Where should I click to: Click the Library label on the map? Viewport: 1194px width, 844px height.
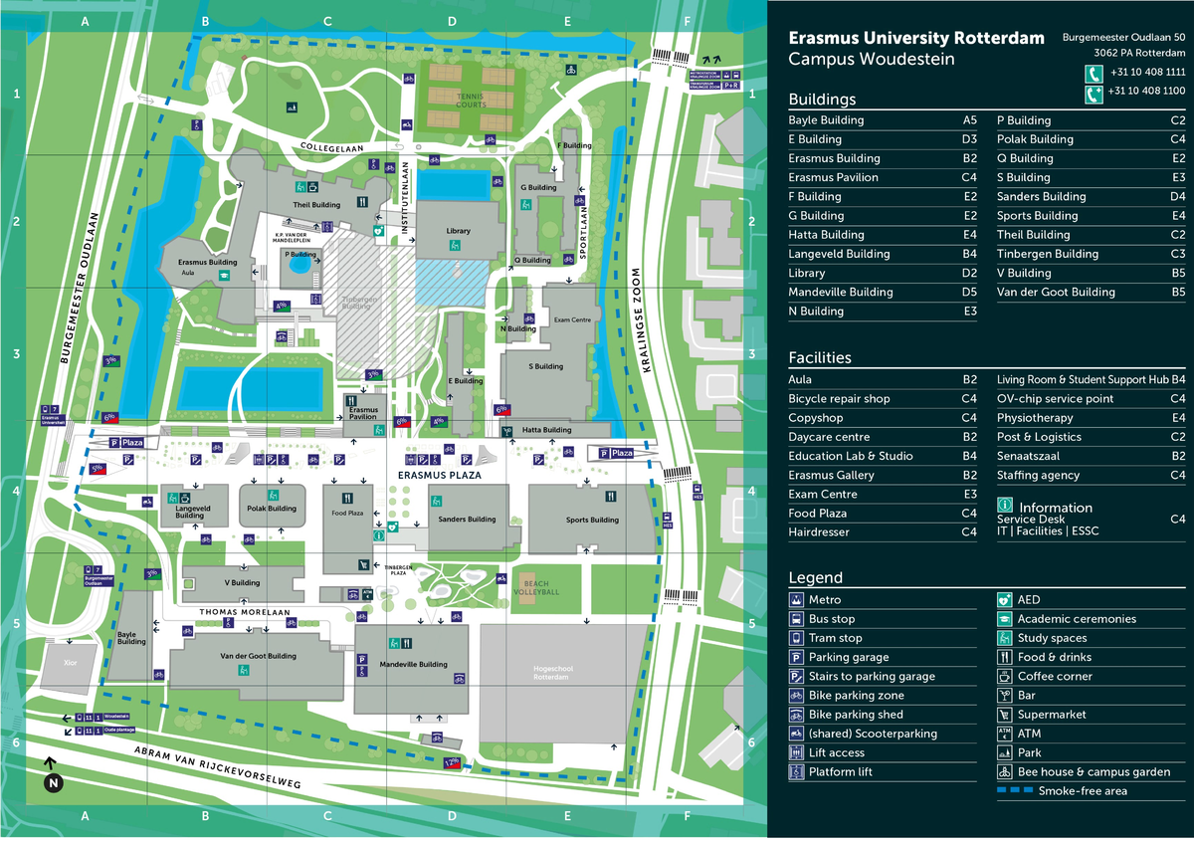point(459,231)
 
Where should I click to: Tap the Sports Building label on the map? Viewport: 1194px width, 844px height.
point(592,520)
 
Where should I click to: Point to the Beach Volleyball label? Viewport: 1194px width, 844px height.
point(536,587)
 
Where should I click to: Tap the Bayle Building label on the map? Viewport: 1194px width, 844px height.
point(131,638)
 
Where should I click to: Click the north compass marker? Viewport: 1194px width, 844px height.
point(54,783)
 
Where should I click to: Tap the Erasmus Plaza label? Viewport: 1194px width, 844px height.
point(439,476)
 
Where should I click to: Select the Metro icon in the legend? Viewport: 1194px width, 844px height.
point(797,600)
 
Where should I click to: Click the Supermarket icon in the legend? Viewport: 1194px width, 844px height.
point(1005,715)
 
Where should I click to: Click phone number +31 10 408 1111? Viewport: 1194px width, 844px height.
point(1147,72)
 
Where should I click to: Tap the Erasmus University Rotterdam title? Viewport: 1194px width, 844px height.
point(916,39)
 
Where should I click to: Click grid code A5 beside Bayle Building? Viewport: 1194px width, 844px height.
point(969,120)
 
